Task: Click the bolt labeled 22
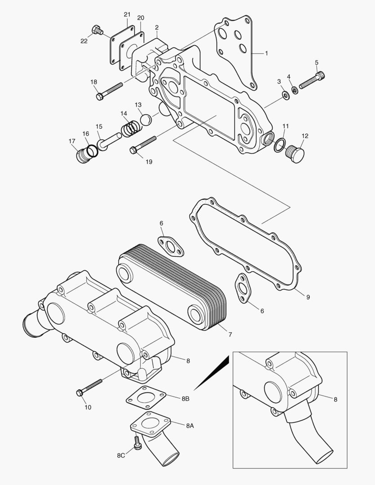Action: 97,30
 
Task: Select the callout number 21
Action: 127,15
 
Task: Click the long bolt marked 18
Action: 110,90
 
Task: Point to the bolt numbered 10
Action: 90,386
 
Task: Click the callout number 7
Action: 229,335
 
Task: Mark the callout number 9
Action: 308,297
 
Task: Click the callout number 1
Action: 266,53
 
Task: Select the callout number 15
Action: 99,127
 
